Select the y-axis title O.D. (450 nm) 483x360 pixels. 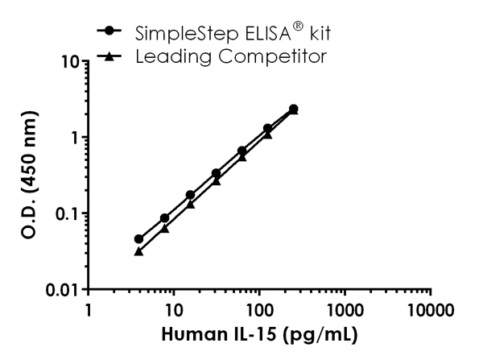point(29,175)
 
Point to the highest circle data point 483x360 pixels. point(294,109)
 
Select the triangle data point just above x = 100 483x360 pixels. point(268,134)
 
